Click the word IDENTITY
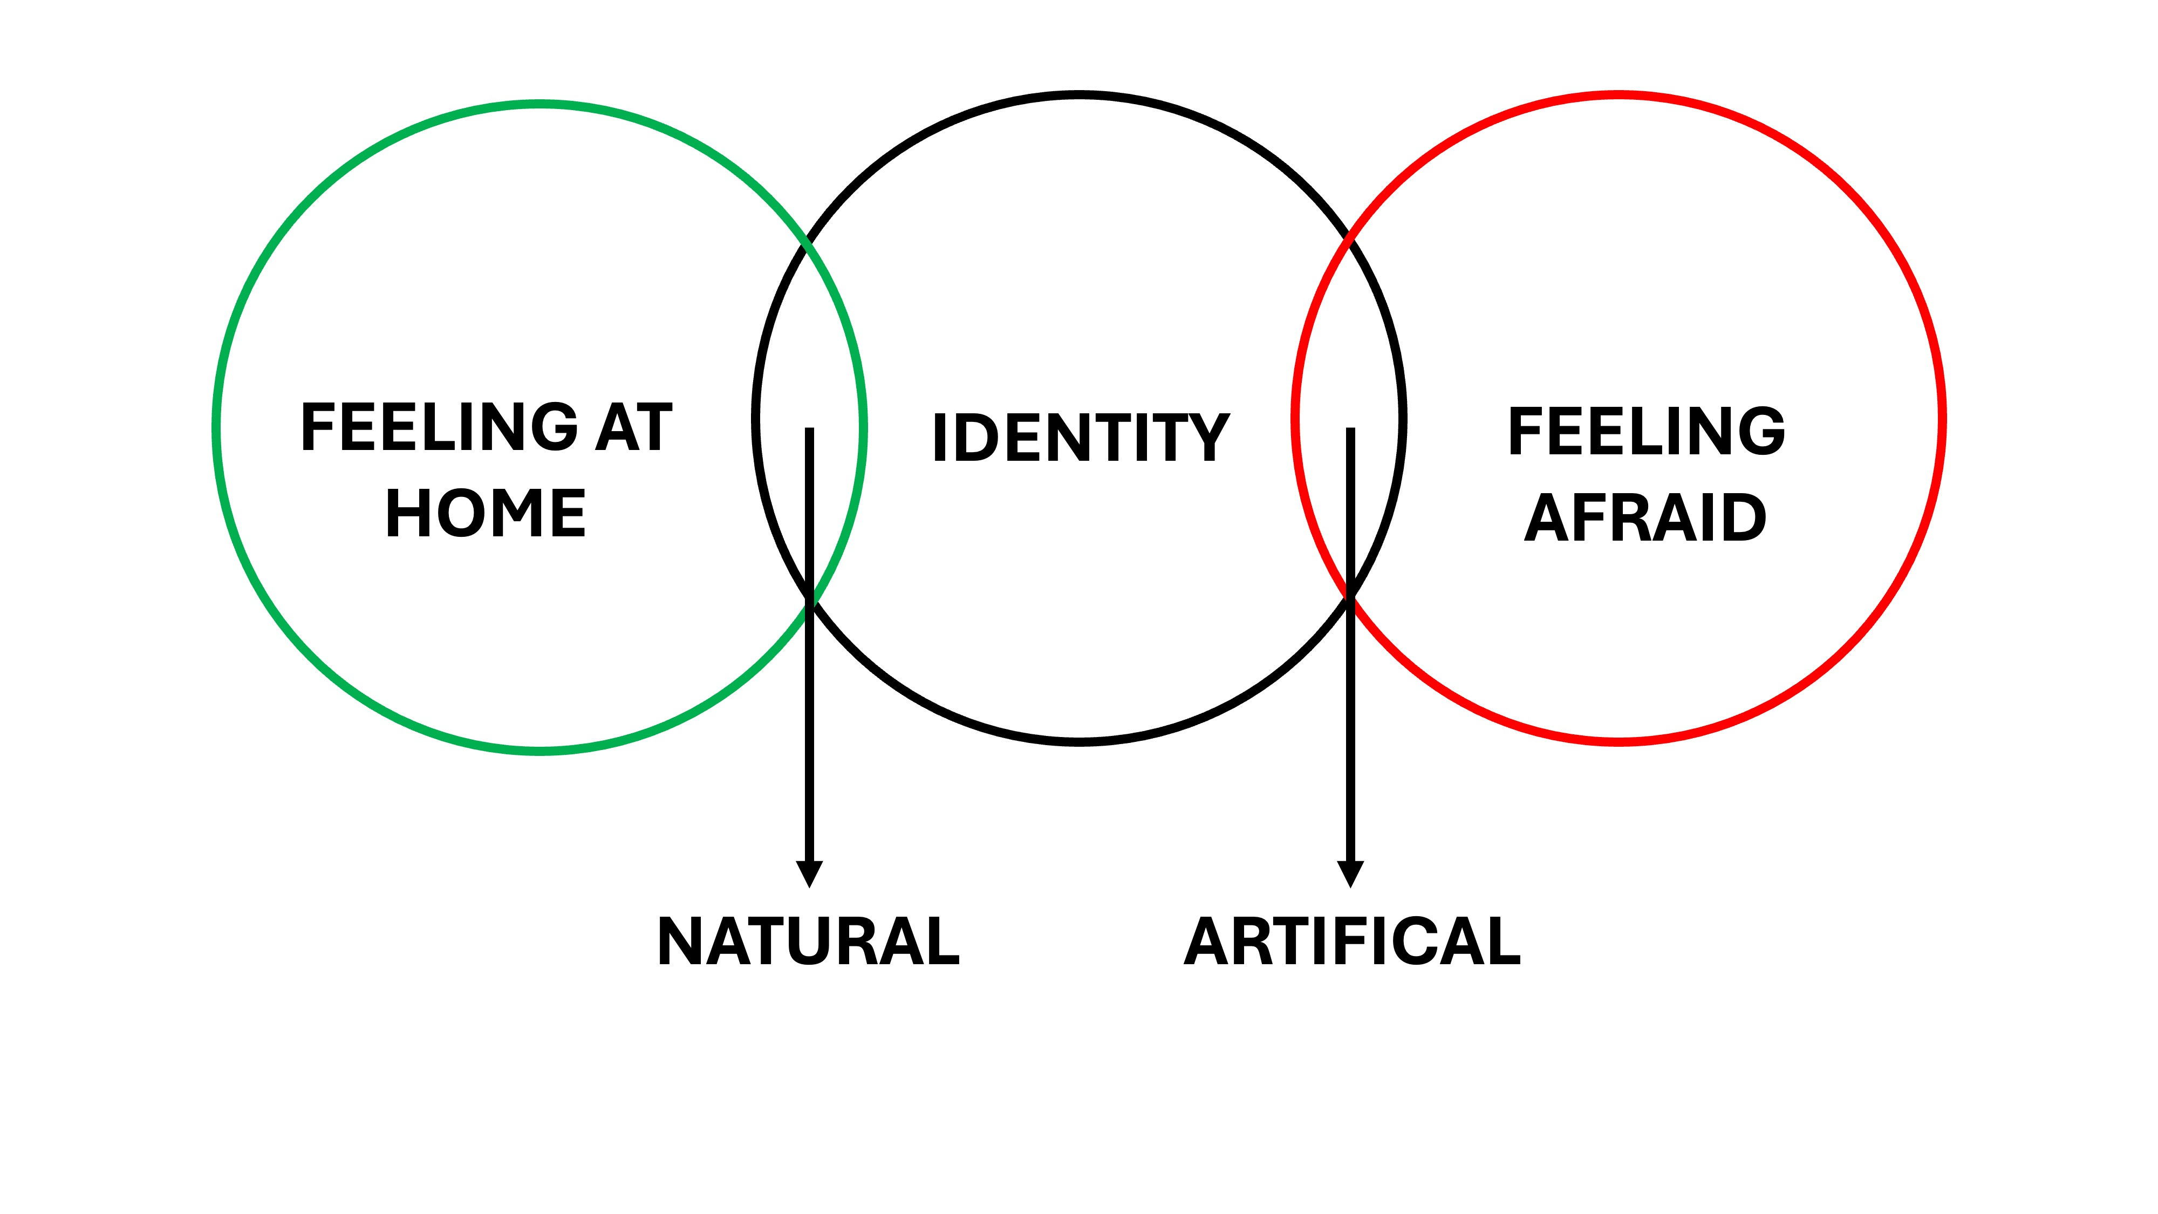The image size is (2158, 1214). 1081,438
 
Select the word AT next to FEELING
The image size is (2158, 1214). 634,427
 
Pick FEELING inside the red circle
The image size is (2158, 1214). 1646,432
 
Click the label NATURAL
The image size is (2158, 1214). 808,941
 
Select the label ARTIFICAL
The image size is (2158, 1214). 1351,941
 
